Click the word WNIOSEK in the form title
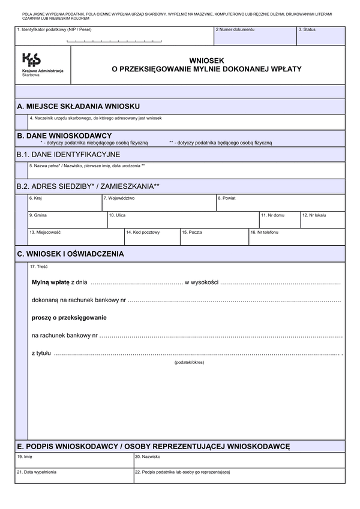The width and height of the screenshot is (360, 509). coord(206,61)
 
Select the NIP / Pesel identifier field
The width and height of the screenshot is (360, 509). coord(114,37)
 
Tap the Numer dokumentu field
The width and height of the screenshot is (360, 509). coord(254,37)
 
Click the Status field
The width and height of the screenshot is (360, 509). coord(320,37)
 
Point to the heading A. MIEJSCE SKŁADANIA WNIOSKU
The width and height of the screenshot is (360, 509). coord(79,106)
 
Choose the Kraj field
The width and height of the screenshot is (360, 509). coord(64,204)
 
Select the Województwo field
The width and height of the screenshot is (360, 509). coord(158,204)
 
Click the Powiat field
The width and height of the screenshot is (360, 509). coord(280,204)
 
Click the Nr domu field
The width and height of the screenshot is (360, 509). coord(278,221)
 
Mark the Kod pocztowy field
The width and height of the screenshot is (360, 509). coord(152,238)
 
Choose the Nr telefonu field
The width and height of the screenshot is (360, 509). coord(296,238)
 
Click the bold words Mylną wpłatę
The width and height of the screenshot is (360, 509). coord(50,281)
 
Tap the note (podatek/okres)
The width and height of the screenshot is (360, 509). coord(190,363)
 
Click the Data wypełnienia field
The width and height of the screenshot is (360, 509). coord(74,477)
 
